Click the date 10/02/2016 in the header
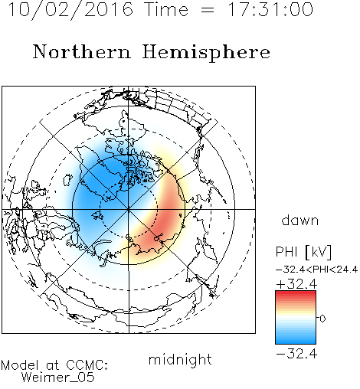pos(70,10)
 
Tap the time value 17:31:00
pos(270,9)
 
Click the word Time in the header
pos(166,9)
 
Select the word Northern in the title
pos(82,51)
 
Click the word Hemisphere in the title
pos(206,53)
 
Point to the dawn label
pos(300,220)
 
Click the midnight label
pos(180,359)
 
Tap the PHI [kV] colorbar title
pos(303,252)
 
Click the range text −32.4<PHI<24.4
pos(316,270)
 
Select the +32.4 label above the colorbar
pos(296,284)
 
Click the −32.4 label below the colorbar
pos(296,354)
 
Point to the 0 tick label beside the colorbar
pos(322,319)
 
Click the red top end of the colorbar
pos(296,293)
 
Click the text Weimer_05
pos(58,378)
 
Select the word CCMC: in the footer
pos(87,365)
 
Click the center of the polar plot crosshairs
pos(129,209)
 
